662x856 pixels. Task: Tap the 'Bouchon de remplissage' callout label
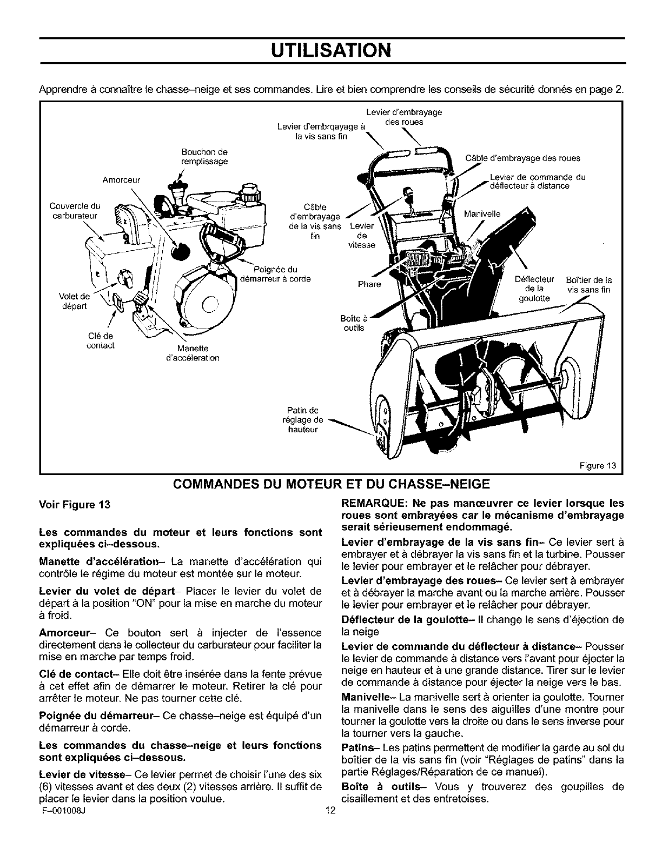click(x=204, y=157)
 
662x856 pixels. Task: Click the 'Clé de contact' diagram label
click(x=101, y=340)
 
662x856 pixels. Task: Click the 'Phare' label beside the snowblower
click(x=369, y=284)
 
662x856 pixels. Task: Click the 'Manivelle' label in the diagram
click(x=482, y=213)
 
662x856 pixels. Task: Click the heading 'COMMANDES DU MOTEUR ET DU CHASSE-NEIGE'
click(x=331, y=483)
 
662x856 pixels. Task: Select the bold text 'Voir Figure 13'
click(x=75, y=506)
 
